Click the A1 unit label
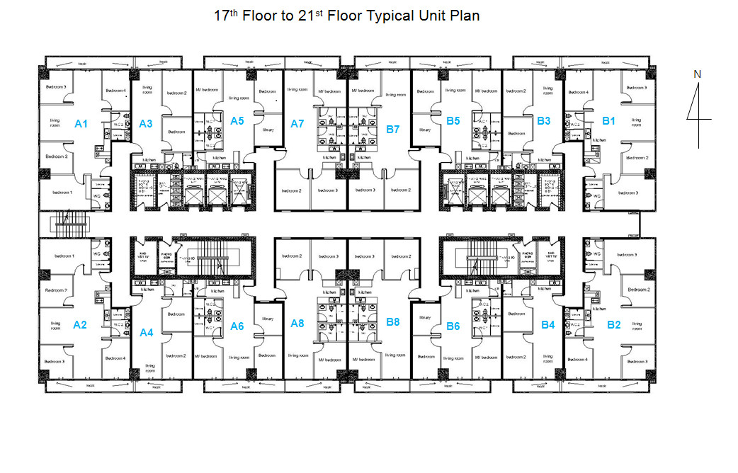coord(81,124)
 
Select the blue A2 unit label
coord(80,325)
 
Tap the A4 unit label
coord(147,332)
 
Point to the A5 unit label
coord(237,121)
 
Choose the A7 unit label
coord(297,124)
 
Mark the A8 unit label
coord(297,324)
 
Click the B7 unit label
coord(393,130)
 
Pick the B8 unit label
coord(393,322)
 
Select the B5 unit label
coord(453,121)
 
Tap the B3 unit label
coord(544,121)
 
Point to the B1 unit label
coord(608,121)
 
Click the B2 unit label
coord(613,325)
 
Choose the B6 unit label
coord(453,326)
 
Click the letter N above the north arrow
coord(697,74)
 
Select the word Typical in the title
coord(390,16)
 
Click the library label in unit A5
coord(268,130)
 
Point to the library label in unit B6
coord(425,318)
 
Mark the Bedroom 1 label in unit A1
coord(60,193)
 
